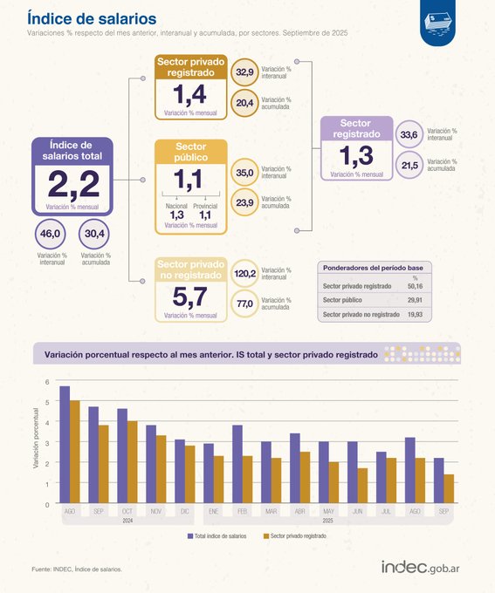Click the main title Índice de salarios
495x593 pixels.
[x=80, y=17]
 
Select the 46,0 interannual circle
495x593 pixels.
[x=51, y=234]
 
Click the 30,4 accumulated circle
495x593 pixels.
[x=94, y=234]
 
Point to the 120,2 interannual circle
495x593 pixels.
[x=245, y=273]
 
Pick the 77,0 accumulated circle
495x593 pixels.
[x=245, y=303]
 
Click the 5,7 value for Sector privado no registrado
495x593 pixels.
[x=189, y=296]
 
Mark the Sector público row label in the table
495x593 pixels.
[x=342, y=299]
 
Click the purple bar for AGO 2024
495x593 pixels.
[x=65, y=445]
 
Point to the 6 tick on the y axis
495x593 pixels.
[x=49, y=382]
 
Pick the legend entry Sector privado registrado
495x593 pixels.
[x=293, y=536]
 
